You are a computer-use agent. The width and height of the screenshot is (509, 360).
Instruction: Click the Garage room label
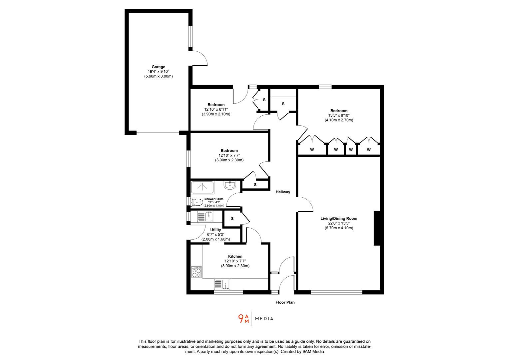pos(158,67)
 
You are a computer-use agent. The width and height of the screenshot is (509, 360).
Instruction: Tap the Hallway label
pos(283,192)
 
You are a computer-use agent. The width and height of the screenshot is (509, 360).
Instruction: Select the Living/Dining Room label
pos(339,219)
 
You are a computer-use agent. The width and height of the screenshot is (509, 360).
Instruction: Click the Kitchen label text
pos(235,256)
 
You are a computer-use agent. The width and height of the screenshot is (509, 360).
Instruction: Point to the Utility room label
pos(216,230)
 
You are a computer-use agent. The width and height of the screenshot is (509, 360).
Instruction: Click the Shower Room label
pos(214,199)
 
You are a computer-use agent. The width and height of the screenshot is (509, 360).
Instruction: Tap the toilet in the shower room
pos(198,202)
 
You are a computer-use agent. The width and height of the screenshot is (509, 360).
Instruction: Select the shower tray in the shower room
pos(202,187)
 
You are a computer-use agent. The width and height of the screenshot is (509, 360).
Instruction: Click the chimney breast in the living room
pos(377,228)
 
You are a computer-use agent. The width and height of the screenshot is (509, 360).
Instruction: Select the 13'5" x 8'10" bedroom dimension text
pos(339,116)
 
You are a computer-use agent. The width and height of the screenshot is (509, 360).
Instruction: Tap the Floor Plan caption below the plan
pos(285,303)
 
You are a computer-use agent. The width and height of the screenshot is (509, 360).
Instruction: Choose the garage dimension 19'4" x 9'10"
pos(158,72)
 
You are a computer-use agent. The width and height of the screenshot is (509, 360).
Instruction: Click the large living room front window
pos(336,292)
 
